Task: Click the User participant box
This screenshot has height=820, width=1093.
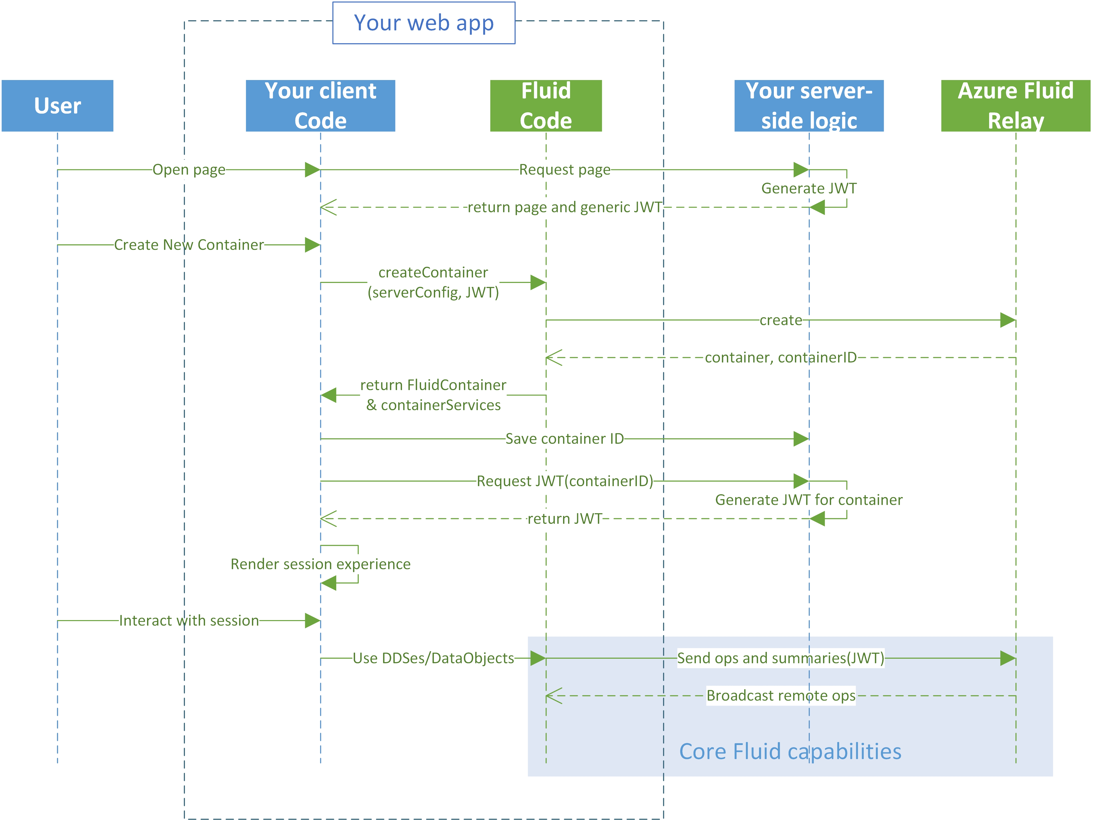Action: tap(57, 106)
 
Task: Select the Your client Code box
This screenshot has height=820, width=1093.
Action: tap(320, 106)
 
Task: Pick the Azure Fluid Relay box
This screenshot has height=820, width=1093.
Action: tap(1015, 106)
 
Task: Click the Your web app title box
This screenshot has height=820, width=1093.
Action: tap(424, 23)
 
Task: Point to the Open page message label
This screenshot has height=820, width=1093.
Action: tap(189, 169)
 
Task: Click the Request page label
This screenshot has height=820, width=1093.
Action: tap(564, 169)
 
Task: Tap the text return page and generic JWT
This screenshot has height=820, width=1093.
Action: tap(564, 207)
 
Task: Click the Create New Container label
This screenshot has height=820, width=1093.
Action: tap(189, 245)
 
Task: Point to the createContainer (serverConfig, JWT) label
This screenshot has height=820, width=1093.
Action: tap(433, 282)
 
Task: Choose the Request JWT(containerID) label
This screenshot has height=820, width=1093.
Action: tap(564, 481)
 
